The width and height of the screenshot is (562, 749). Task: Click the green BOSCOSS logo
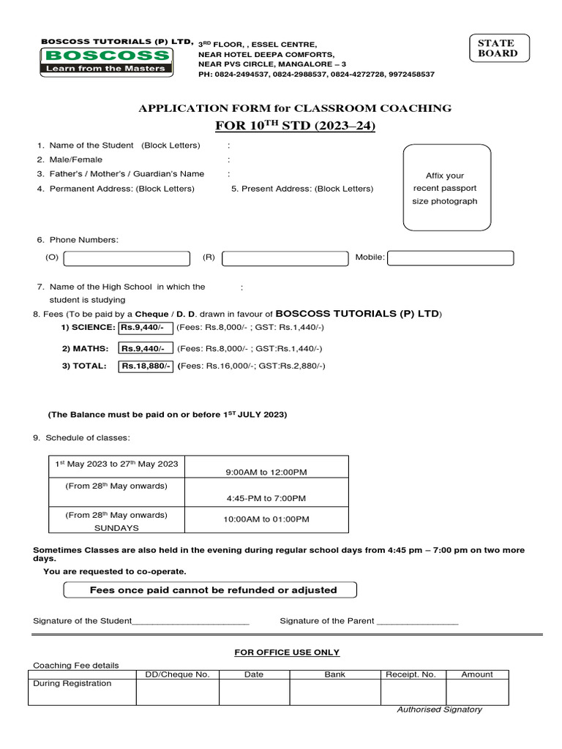click(x=106, y=61)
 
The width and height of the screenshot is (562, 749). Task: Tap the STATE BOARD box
click(x=498, y=48)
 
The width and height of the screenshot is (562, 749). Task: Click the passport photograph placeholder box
click(x=446, y=187)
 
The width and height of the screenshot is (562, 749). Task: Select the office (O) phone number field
click(x=127, y=258)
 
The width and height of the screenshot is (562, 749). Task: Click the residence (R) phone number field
click(x=285, y=258)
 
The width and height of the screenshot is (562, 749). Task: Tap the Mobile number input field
click(x=450, y=258)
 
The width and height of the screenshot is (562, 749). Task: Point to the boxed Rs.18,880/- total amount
click(x=146, y=366)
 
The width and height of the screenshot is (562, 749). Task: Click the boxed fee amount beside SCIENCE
click(x=146, y=327)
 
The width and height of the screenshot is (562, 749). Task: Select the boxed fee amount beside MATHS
click(x=146, y=349)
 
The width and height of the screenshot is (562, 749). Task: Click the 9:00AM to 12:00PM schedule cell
click(x=266, y=473)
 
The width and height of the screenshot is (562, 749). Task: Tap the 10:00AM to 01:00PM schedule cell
click(x=266, y=519)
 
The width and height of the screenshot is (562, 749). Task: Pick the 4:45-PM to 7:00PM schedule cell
click(x=266, y=498)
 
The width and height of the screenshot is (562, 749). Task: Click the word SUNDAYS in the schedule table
click(x=116, y=527)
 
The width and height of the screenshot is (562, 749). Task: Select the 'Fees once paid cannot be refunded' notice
click(x=211, y=590)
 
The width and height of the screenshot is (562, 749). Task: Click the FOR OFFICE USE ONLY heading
click(x=287, y=652)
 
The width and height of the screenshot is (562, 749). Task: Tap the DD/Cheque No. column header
click(x=178, y=674)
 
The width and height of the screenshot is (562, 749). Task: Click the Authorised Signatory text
click(x=439, y=710)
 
